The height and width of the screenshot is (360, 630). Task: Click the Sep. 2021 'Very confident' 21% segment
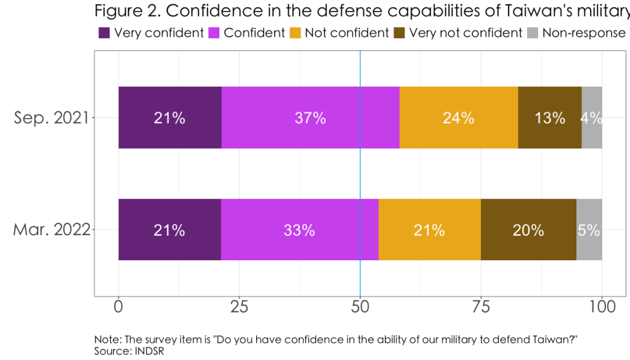point(170,118)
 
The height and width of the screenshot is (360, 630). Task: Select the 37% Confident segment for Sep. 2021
point(310,118)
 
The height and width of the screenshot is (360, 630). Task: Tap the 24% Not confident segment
point(459,118)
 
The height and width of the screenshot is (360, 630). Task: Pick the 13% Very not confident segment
point(550,118)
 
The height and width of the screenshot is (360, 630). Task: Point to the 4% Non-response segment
point(592,118)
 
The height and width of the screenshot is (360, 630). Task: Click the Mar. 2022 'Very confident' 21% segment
point(170,230)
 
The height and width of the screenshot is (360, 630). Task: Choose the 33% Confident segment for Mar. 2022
point(299,230)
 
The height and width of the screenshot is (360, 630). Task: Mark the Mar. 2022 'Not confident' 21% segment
point(429,230)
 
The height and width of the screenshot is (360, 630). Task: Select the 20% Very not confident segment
point(528,230)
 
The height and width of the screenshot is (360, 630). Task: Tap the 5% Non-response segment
point(589,230)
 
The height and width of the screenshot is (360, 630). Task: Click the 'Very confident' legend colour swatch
point(104,33)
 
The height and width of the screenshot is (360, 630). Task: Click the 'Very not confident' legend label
point(466,33)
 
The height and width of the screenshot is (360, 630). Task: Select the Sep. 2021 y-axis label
point(51,118)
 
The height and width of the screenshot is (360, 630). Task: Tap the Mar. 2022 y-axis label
point(51,230)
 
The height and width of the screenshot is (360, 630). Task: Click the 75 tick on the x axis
point(480,306)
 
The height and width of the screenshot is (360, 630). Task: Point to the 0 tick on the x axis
point(118,306)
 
